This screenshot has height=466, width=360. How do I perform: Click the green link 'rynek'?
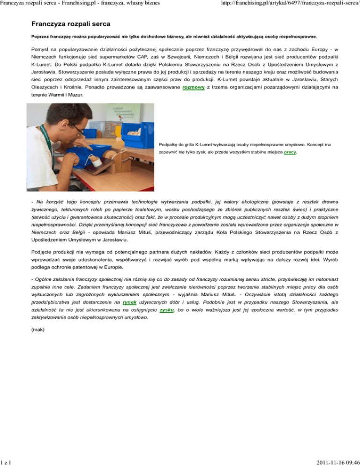tap(130, 303)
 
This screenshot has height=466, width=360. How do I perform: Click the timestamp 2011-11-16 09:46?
tap(334, 461)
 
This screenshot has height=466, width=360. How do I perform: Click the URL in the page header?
tap(283, 4)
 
